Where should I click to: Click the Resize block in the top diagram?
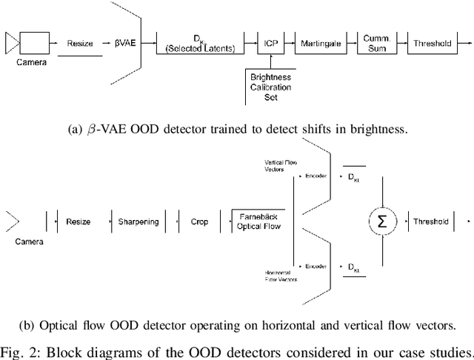[81, 44]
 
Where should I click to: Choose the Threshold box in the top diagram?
[432, 44]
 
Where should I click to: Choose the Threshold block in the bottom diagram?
[432, 221]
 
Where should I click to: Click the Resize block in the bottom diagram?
[78, 221]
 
